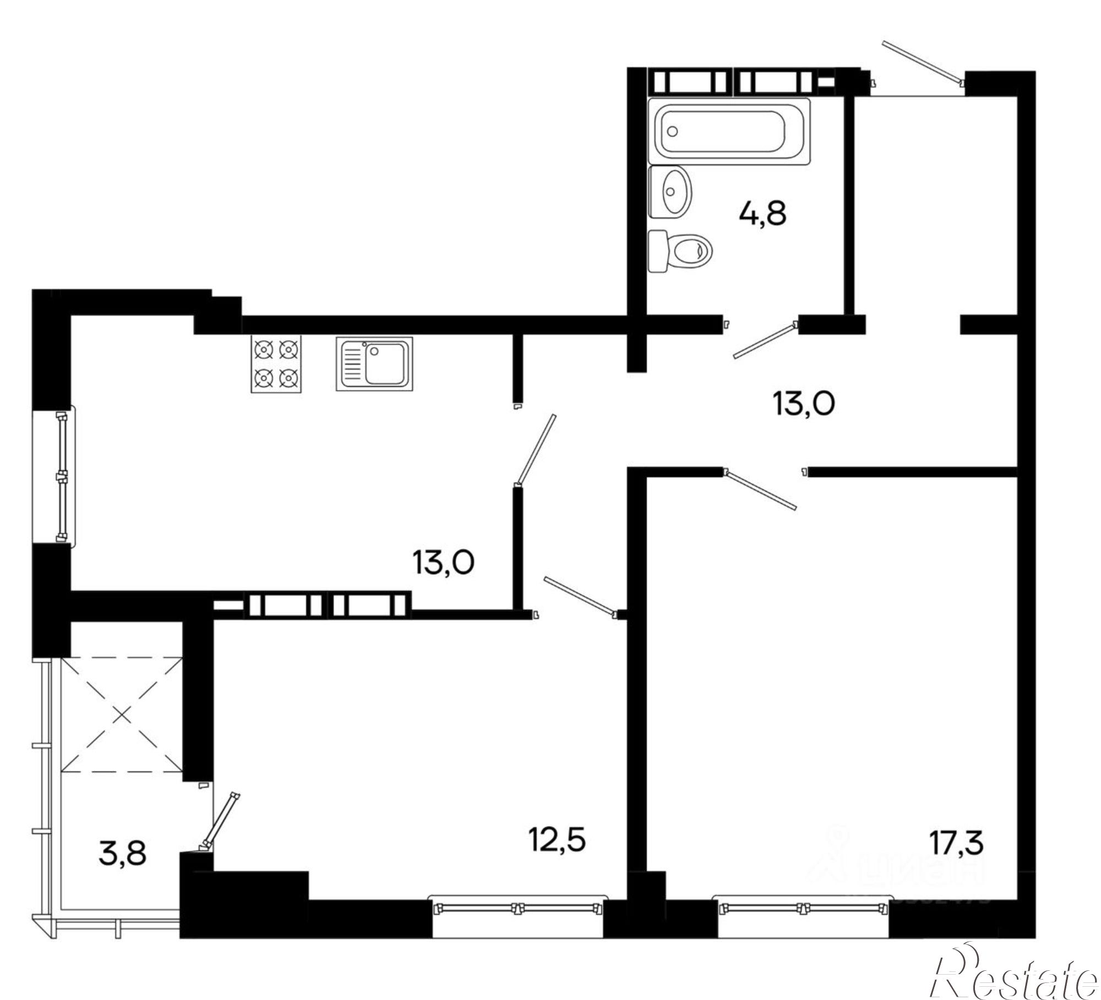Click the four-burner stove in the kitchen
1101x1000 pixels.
click(x=276, y=364)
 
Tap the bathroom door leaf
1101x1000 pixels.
click(x=766, y=342)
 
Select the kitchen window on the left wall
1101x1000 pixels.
click(x=62, y=477)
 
